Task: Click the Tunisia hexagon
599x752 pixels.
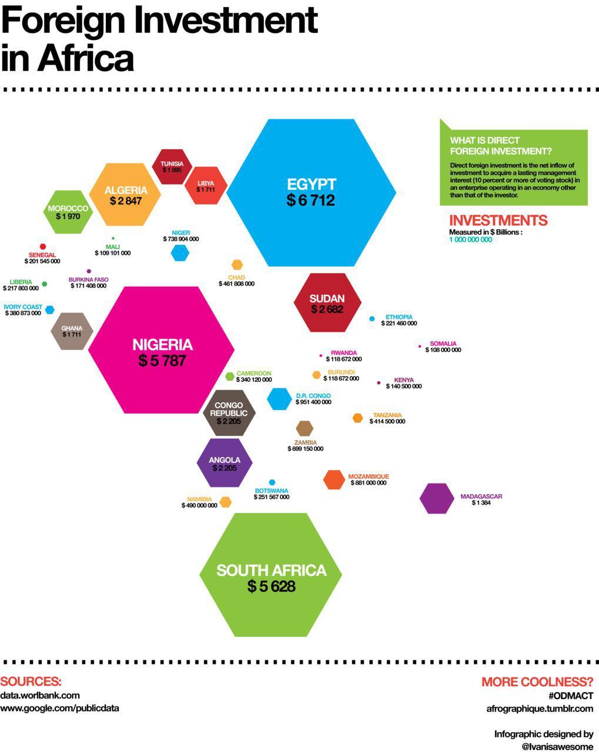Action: (172, 167)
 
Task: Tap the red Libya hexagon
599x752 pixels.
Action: (206, 186)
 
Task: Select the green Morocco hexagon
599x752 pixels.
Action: (69, 212)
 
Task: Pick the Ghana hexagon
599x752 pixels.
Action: (72, 331)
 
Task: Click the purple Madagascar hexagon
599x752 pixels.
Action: (437, 499)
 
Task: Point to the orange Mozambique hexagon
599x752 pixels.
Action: (334, 479)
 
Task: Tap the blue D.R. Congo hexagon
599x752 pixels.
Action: (279, 399)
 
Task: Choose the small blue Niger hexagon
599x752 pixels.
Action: (180, 253)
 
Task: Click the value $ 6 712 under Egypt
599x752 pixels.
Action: (310, 201)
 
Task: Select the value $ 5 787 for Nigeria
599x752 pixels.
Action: (162, 361)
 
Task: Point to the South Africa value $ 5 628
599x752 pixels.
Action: (270, 586)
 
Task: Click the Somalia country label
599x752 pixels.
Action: (443, 344)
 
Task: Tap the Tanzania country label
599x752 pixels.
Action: (387, 415)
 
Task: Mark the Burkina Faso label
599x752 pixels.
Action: (88, 280)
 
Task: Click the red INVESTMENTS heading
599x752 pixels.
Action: (498, 221)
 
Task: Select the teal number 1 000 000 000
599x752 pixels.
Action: (470, 240)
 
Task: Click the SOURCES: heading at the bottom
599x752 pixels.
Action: (31, 681)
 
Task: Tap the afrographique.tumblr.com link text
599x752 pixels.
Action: (540, 709)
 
